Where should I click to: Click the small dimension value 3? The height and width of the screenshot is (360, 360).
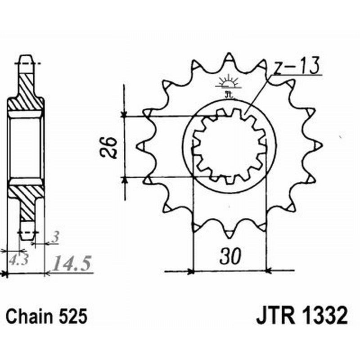[x=54, y=238]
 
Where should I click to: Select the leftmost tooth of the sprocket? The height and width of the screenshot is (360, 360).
[x=140, y=146]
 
